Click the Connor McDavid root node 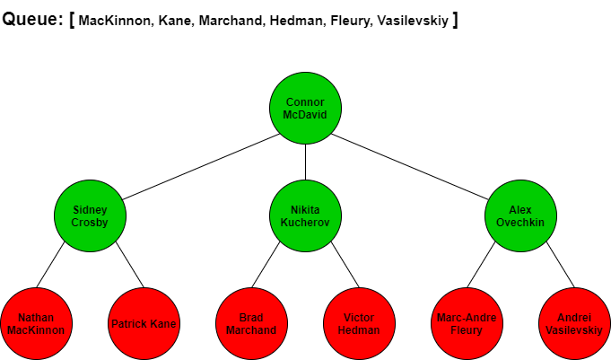point(305,108)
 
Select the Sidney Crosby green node point(90,215)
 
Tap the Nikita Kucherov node point(305,215)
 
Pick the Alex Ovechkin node point(520,215)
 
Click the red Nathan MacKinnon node point(36,323)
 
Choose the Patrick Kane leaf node point(144,323)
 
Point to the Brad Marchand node point(252,323)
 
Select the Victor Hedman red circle point(359,323)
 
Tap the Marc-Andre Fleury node point(467,323)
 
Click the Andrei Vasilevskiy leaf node point(574,323)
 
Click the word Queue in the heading point(30,19)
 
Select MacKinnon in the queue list point(114,21)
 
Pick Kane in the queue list point(175,21)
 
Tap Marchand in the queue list point(231,21)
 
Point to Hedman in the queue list point(296,21)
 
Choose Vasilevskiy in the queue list point(413,21)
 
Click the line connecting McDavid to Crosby point(201,167)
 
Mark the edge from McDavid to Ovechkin point(409,167)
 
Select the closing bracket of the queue point(455,20)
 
